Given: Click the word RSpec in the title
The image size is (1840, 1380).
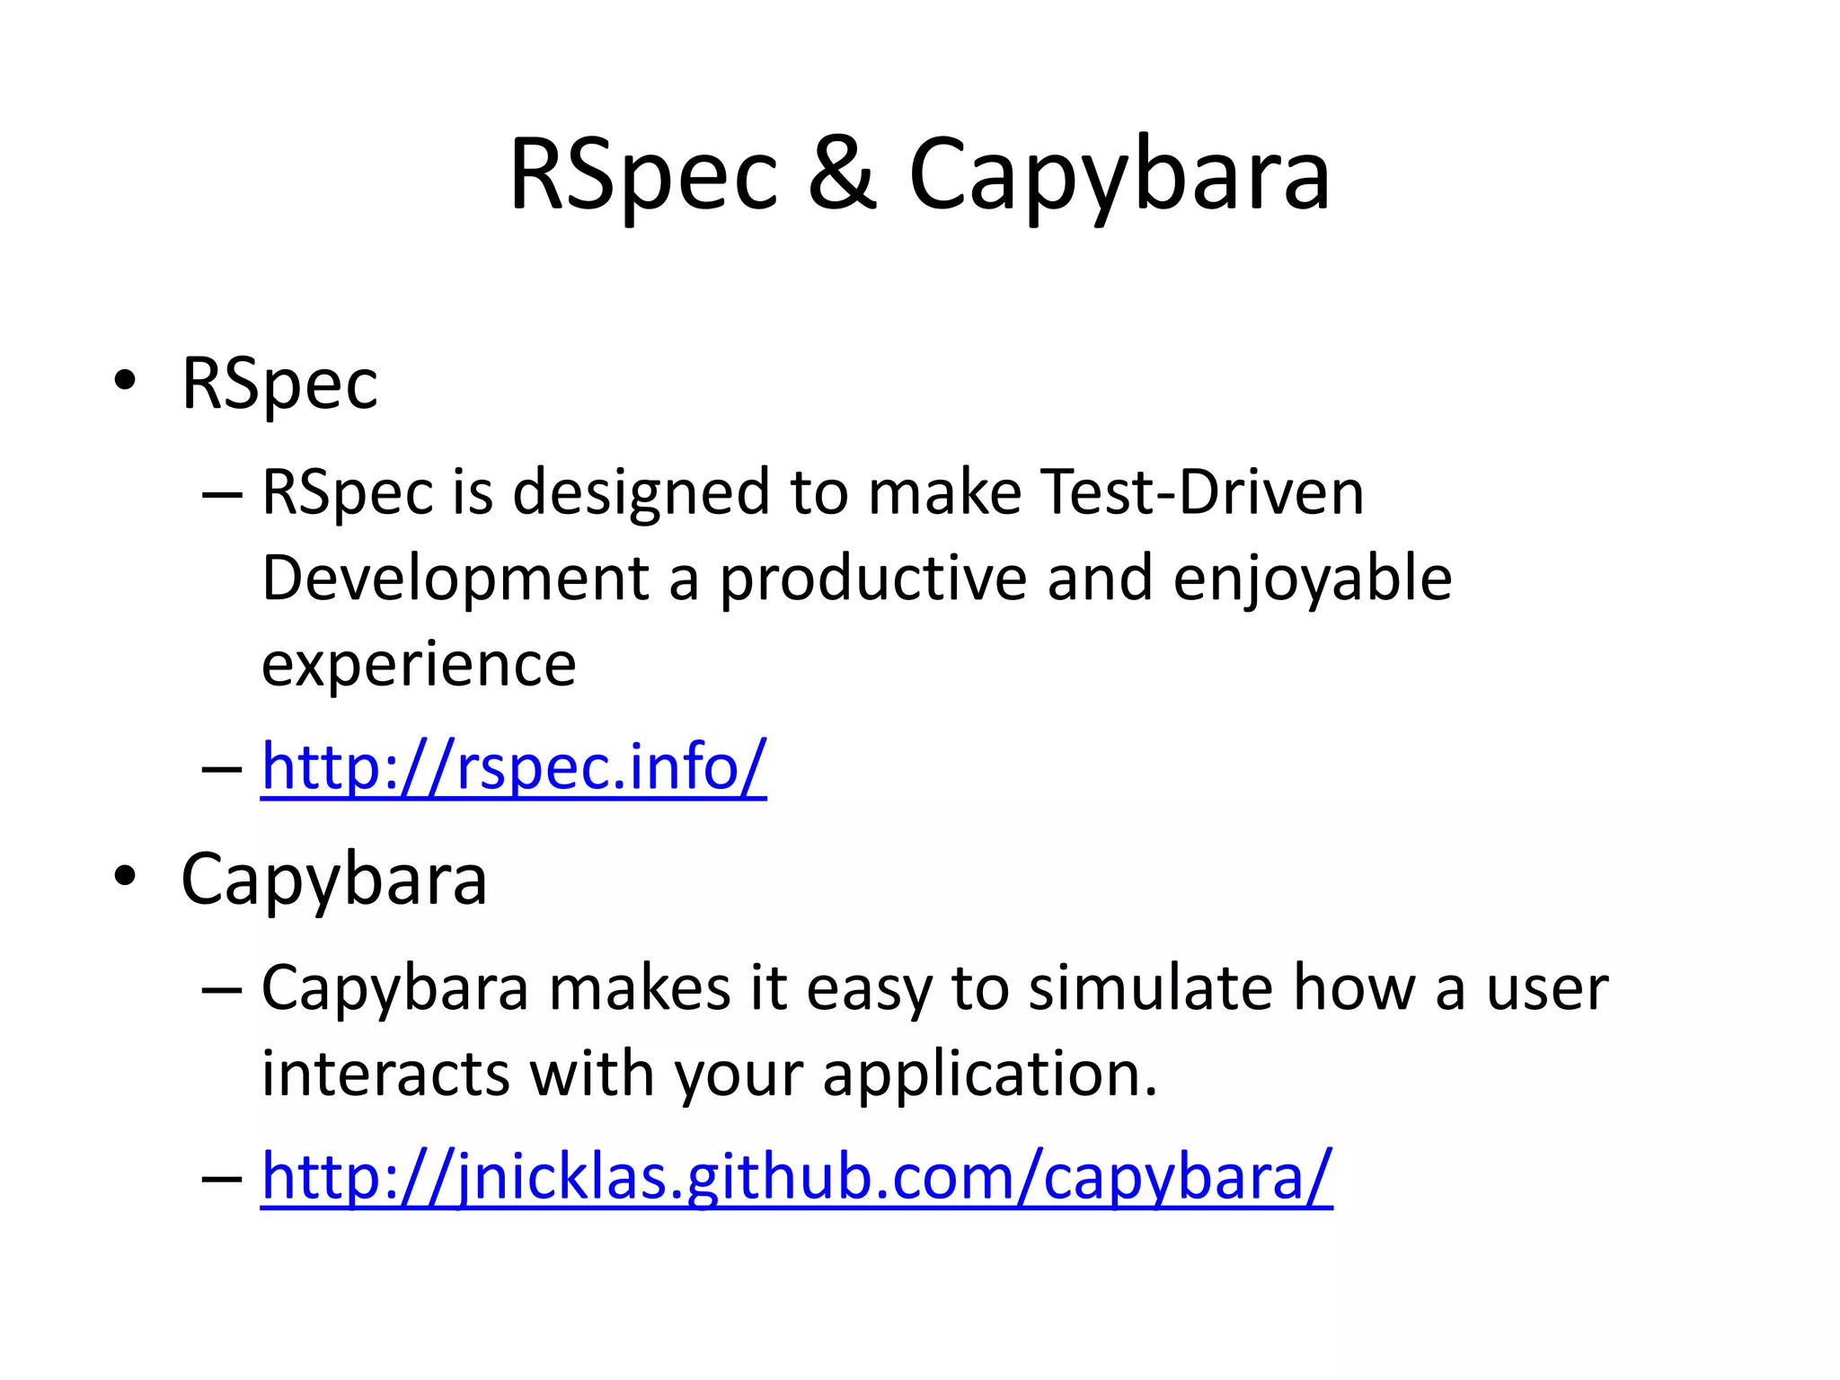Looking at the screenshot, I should (643, 175).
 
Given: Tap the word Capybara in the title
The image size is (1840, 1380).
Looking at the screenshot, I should (1119, 175).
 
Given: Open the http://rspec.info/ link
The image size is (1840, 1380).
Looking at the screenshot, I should (513, 766).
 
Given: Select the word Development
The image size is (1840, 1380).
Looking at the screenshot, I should (455, 578).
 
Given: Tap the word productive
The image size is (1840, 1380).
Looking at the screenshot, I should (872, 579).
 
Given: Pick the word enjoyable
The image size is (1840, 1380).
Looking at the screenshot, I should (1312, 579).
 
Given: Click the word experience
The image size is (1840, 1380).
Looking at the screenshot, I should (419, 665).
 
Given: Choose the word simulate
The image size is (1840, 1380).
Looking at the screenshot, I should (1150, 987).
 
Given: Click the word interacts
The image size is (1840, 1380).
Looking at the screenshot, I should (385, 1073).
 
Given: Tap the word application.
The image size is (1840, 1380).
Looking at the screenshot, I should (989, 1075).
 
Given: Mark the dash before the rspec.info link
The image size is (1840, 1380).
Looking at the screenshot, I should (222, 769).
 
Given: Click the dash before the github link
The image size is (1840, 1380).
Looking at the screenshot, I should (222, 1177).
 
